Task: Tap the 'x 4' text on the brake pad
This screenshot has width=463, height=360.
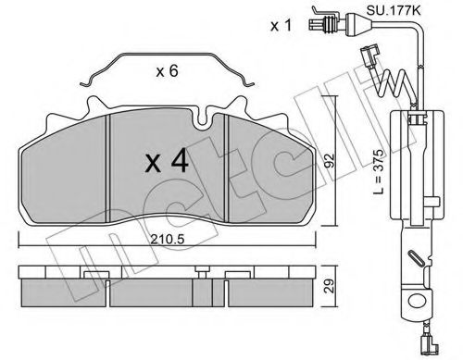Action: [169, 163]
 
